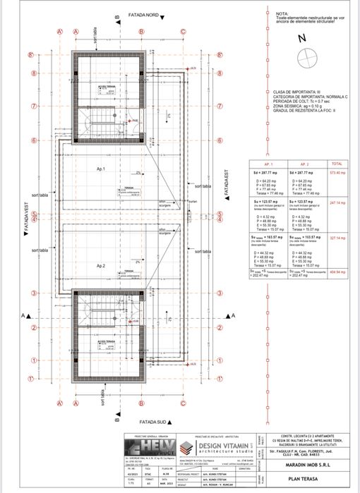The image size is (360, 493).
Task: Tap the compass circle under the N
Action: (307, 59)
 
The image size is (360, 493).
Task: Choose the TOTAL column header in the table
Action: (337, 162)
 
